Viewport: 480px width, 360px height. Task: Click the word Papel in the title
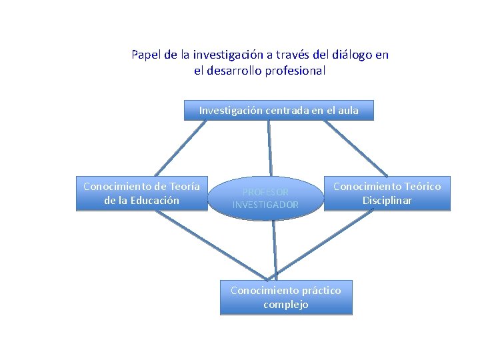coord(146,55)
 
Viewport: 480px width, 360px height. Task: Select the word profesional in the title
coord(294,70)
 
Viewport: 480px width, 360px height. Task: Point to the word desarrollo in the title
coord(233,70)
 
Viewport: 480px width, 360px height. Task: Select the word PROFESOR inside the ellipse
coord(265,192)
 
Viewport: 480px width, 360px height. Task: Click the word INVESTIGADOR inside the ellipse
coord(265,205)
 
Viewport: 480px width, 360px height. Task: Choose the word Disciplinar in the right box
coord(387,200)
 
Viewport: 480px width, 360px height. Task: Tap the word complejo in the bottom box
coord(285,305)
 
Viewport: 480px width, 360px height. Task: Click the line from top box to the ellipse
coord(270,147)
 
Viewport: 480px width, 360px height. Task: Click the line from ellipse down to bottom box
coord(274,251)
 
